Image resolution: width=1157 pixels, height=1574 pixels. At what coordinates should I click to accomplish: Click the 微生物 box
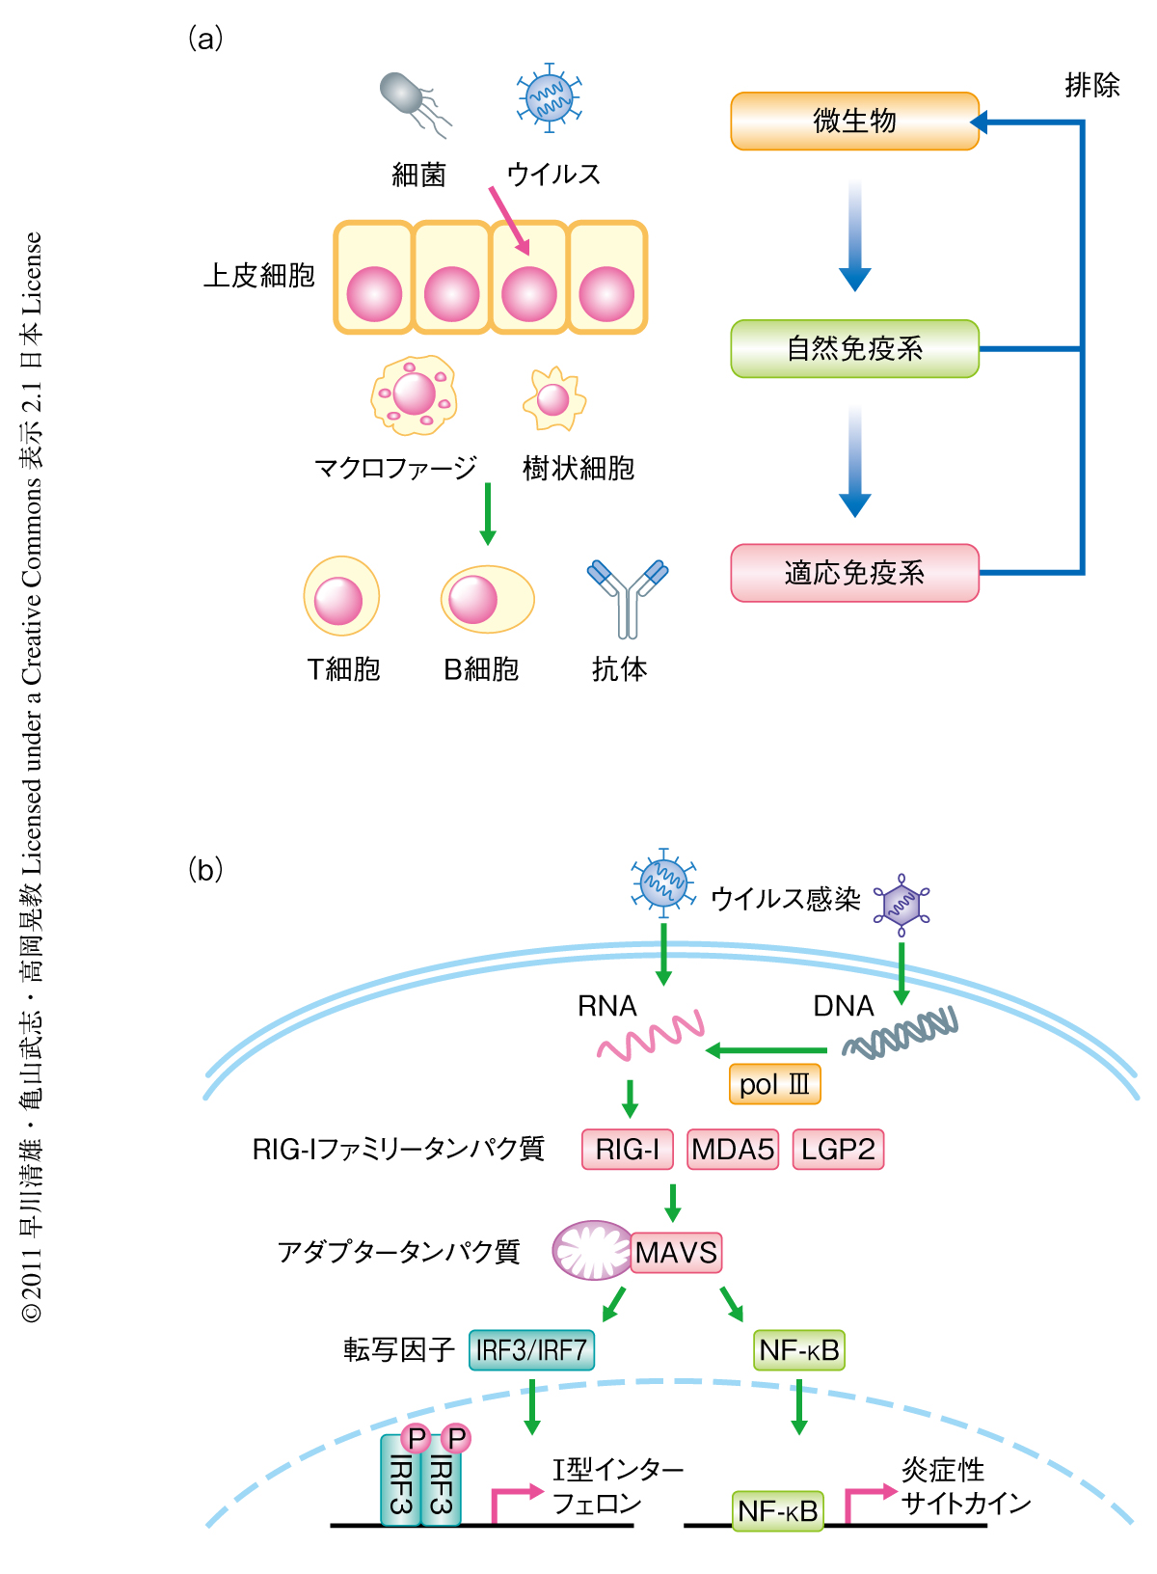pos(854,122)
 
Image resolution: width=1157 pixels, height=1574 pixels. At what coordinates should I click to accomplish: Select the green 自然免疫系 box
pos(854,348)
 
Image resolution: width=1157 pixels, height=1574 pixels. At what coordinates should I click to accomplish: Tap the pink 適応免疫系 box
pos(854,573)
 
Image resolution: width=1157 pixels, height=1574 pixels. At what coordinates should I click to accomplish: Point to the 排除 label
pos(1091,86)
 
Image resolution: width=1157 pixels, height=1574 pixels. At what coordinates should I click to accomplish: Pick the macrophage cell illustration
pos(414,394)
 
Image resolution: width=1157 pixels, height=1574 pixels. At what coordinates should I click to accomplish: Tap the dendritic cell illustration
pos(553,398)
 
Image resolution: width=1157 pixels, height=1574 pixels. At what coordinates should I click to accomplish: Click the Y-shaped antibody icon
pos(628,596)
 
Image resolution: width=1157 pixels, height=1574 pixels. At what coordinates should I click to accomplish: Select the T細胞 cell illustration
pos(340,596)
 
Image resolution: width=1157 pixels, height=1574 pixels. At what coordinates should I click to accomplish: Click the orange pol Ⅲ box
pos(774,1084)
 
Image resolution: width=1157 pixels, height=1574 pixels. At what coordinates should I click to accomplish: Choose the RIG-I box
pos(628,1150)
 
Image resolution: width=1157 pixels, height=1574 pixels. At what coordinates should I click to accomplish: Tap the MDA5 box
pos(733,1150)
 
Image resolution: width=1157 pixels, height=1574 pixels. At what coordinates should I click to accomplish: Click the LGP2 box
pos(838,1150)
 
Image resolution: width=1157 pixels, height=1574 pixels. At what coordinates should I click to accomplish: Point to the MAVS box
pos(676,1253)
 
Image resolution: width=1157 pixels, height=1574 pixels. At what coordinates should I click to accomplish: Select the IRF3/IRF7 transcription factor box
pos(531,1349)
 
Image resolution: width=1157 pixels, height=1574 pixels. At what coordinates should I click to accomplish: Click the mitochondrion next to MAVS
pos(591,1251)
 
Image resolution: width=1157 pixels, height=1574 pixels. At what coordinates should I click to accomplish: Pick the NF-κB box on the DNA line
pos(777,1510)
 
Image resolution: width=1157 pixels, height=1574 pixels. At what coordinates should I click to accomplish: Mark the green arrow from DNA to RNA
pos(767,1049)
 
